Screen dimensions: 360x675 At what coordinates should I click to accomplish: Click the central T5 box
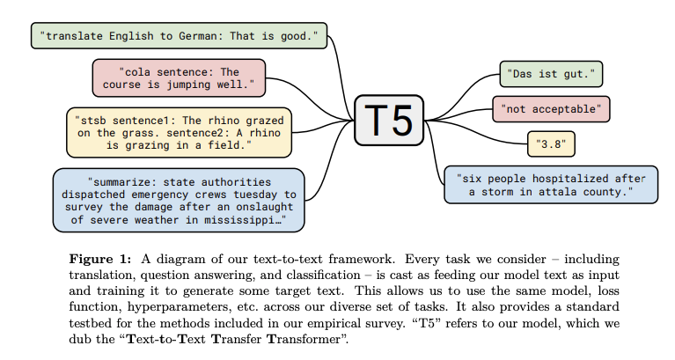389,121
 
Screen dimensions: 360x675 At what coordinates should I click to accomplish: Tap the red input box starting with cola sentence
179,78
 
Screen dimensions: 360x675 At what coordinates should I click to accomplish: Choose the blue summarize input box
179,200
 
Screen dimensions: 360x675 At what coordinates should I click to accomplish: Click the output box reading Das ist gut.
551,74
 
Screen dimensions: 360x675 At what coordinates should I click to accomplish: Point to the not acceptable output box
551,109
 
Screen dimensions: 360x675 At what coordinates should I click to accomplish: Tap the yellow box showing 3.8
551,142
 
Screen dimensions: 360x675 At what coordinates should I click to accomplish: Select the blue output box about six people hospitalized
551,185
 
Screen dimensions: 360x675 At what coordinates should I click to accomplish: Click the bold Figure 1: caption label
101,260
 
